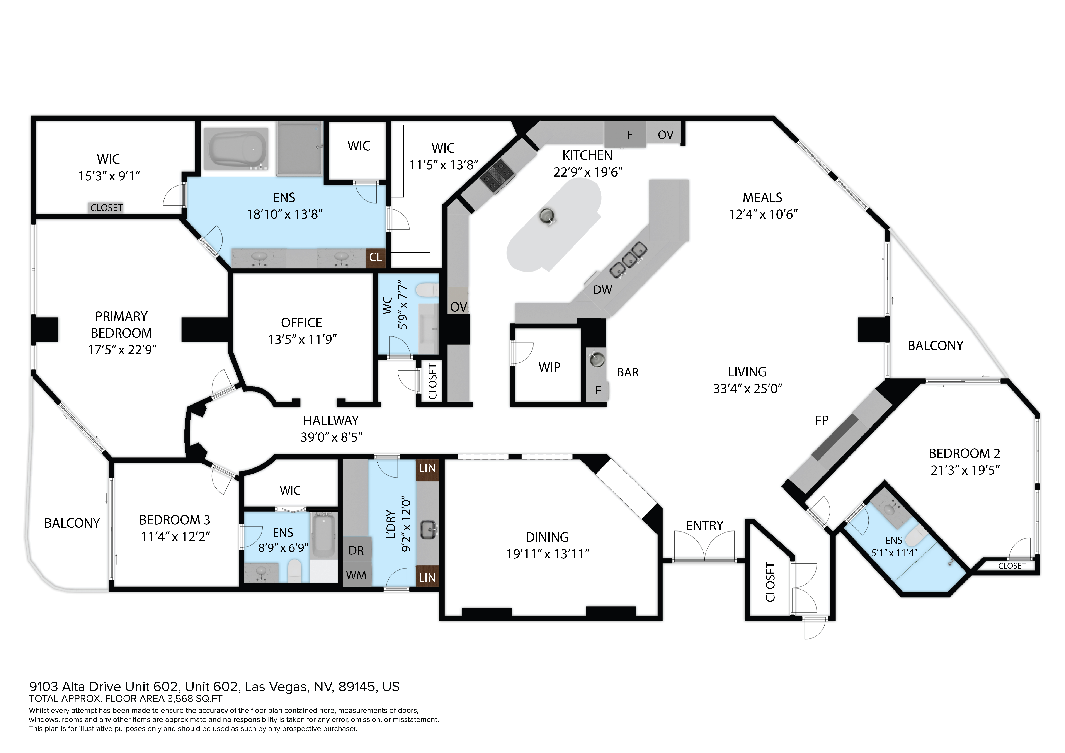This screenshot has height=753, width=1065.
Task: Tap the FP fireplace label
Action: (x=822, y=420)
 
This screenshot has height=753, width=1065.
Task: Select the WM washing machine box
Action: (x=356, y=575)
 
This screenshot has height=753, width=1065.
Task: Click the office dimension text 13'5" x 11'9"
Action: (x=302, y=340)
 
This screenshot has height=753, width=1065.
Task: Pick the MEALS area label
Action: (x=762, y=198)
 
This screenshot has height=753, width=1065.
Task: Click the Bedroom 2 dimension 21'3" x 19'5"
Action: (x=965, y=470)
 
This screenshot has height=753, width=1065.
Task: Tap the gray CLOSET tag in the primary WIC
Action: (x=106, y=208)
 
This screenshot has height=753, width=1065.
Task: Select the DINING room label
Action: (x=547, y=537)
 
